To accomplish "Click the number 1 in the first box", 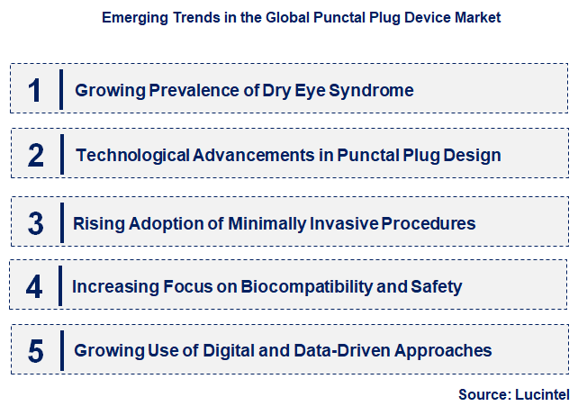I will pos(35,90).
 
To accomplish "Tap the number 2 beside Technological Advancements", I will pos(36,156).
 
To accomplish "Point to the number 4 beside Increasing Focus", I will pos(35,287).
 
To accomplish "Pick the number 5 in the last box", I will pos(36,351).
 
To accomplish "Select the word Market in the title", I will pos(476,17).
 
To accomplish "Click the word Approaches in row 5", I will pos(443,350).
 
